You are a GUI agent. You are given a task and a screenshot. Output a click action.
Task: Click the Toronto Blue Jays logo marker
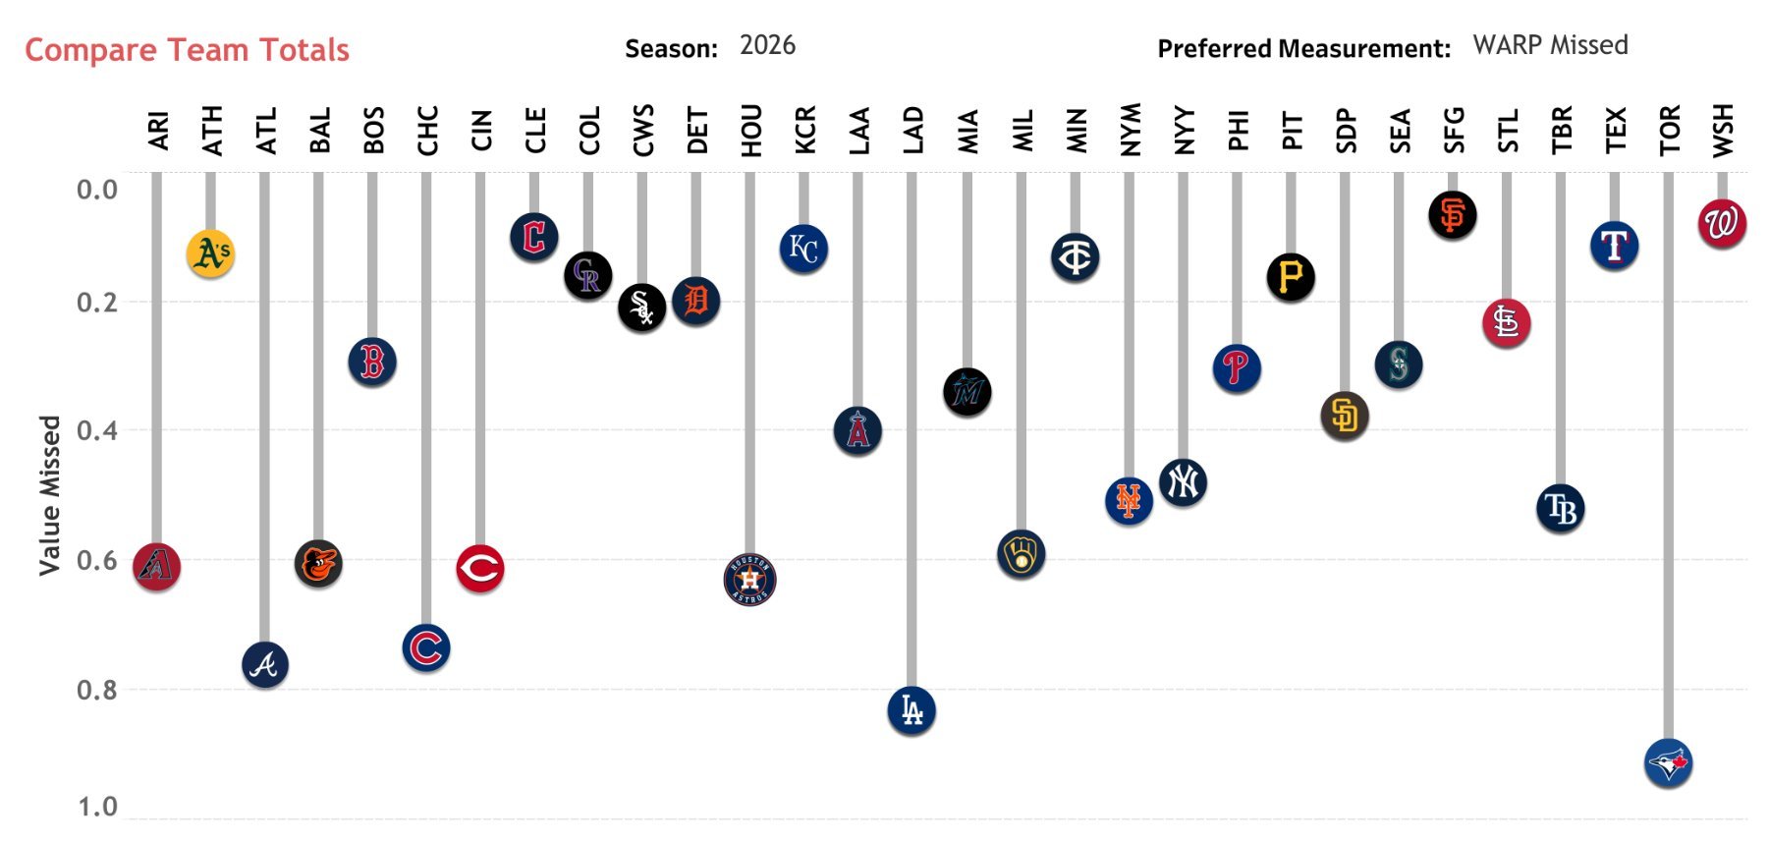click(x=1668, y=763)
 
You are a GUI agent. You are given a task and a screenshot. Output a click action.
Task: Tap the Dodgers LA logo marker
click(x=912, y=710)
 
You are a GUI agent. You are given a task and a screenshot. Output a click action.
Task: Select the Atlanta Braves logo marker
click(x=264, y=665)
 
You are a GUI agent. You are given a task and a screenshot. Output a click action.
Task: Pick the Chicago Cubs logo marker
click(x=426, y=648)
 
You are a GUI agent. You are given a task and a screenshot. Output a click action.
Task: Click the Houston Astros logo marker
click(x=749, y=580)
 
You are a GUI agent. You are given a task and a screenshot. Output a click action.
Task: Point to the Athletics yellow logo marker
click(x=210, y=253)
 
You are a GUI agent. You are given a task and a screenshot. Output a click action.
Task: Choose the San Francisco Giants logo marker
click(x=1452, y=215)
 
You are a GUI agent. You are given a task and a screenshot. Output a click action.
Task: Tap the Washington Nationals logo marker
click(x=1721, y=223)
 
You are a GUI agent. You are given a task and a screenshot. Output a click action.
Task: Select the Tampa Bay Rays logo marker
click(x=1560, y=509)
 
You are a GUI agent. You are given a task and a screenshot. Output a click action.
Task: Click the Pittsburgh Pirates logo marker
click(x=1290, y=277)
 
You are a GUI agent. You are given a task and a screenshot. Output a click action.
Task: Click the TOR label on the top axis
click(x=1669, y=130)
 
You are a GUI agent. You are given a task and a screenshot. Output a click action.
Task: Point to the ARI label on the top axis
click(x=157, y=131)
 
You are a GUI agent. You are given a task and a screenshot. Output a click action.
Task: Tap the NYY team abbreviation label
click(x=1184, y=130)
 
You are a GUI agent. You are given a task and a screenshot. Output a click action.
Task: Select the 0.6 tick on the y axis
click(x=96, y=560)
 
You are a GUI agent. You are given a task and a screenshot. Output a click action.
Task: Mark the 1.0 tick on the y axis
click(x=96, y=808)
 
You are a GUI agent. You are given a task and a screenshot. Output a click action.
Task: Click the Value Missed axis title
click(x=49, y=495)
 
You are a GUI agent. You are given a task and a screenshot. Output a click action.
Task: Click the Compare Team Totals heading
click(x=187, y=50)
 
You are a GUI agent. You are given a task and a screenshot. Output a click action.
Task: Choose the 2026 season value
click(x=767, y=45)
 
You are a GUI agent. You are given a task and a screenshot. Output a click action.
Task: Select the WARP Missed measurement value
click(x=1550, y=45)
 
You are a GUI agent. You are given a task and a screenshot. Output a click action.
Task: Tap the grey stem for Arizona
click(x=156, y=354)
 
